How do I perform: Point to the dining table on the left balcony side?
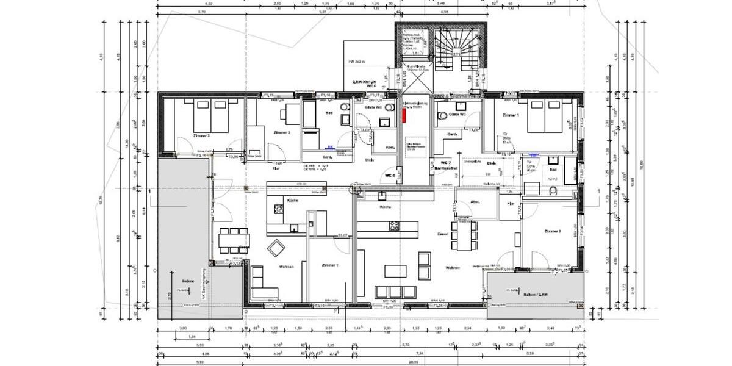[234, 239]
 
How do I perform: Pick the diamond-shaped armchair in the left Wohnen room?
[278, 247]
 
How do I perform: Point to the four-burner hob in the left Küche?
[279, 209]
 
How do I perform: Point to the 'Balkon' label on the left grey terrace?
[188, 281]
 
